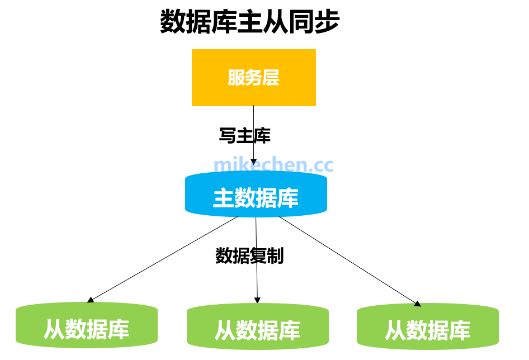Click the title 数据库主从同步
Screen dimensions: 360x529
(250, 22)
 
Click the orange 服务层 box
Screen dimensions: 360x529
(253, 78)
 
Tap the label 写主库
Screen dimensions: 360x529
(244, 135)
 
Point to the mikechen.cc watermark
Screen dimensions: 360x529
(273, 165)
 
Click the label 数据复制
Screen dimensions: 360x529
(249, 255)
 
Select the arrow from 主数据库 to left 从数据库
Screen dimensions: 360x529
(162, 259)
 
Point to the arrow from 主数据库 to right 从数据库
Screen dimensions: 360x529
(349, 260)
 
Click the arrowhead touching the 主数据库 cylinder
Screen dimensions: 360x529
(253, 162)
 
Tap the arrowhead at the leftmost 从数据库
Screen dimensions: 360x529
(90, 300)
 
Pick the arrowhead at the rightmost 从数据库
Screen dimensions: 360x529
(417, 304)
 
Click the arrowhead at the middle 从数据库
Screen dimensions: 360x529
(257, 300)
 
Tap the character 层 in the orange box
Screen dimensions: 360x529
(271, 78)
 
